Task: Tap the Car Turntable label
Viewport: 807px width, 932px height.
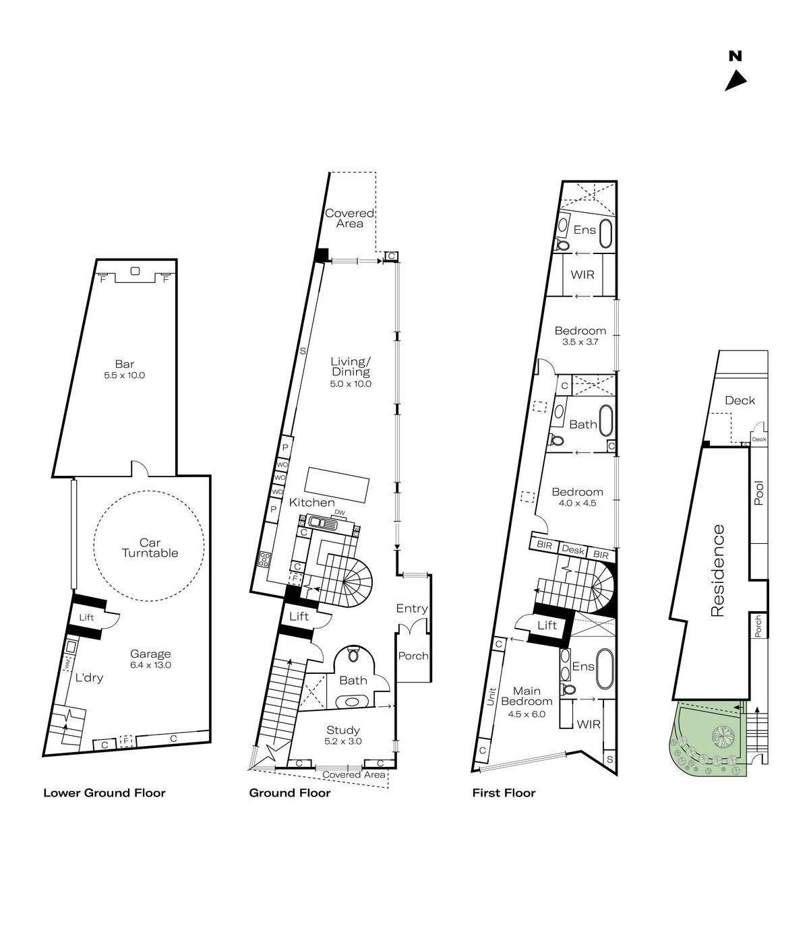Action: click(150, 548)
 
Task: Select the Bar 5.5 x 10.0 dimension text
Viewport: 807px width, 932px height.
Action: click(124, 375)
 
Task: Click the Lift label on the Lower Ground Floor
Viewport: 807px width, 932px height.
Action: click(86, 617)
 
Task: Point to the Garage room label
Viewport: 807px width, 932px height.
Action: click(150, 654)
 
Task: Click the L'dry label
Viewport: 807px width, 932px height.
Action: click(89, 678)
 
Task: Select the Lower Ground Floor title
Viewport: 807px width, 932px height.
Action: click(104, 793)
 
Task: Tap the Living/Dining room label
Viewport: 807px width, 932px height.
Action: click(351, 367)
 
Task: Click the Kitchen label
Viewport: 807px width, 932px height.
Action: click(311, 503)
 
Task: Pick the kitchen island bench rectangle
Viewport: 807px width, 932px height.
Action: click(337, 485)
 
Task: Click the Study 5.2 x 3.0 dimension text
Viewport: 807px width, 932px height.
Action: click(343, 741)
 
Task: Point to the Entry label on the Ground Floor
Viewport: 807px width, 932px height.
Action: click(411, 609)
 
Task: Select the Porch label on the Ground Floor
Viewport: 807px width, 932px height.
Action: click(413, 656)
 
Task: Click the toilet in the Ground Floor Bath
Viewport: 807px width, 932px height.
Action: click(353, 654)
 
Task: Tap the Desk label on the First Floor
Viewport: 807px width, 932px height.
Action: click(572, 550)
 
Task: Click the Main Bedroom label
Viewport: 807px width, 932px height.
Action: click(527, 696)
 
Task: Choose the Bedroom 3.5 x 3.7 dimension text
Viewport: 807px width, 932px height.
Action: click(580, 342)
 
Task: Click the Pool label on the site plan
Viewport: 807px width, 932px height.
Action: click(759, 493)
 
